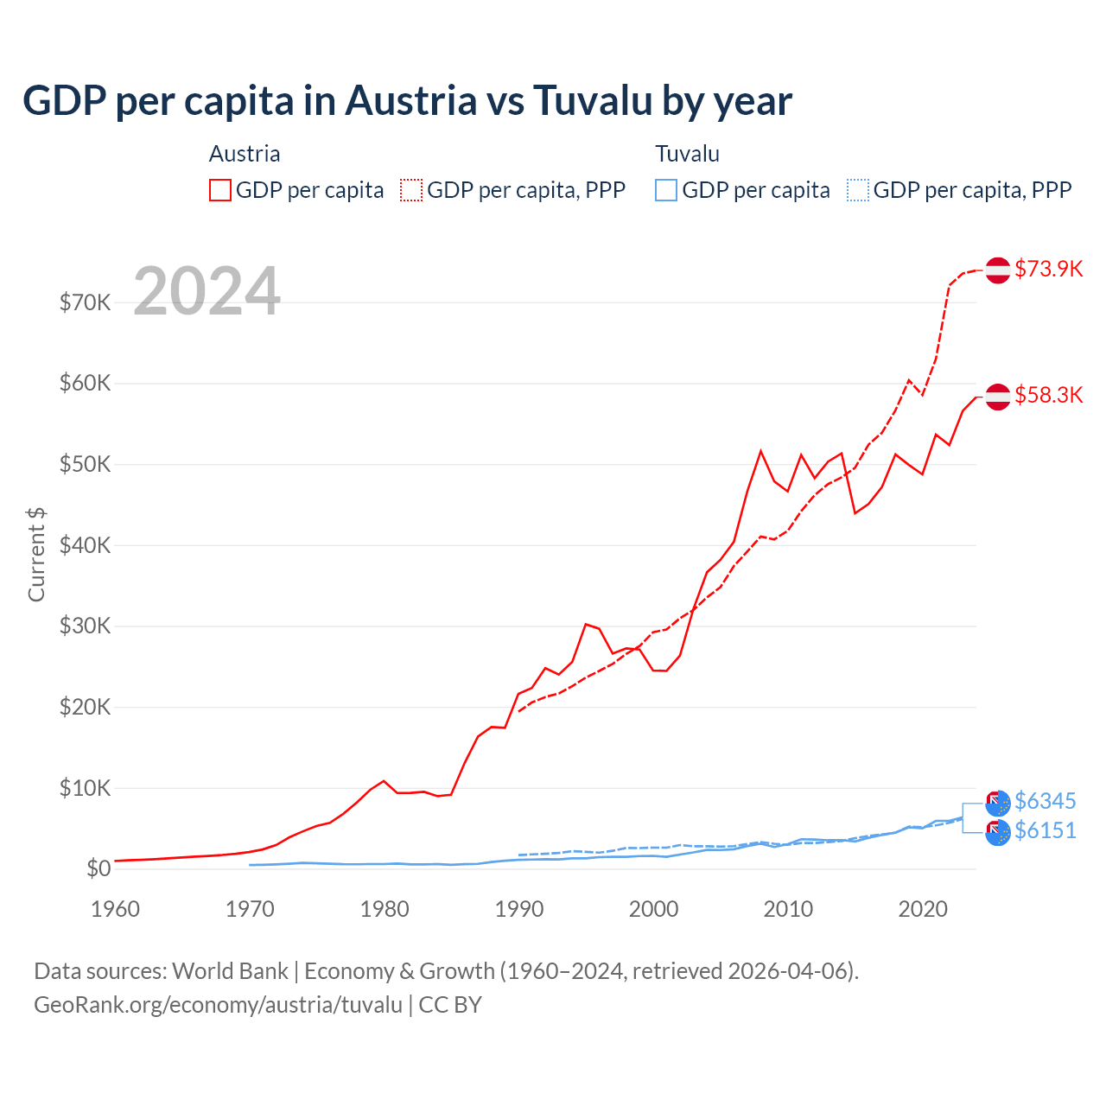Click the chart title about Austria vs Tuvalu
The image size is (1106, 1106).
click(407, 100)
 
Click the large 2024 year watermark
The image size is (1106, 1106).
click(207, 291)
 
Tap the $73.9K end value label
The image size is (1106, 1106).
click(1048, 269)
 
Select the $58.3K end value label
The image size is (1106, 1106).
click(1048, 395)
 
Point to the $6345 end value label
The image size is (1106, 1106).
click(1045, 801)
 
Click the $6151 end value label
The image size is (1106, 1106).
click(1045, 830)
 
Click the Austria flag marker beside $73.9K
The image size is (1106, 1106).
click(998, 270)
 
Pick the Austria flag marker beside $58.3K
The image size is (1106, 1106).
click(998, 396)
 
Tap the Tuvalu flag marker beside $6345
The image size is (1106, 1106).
click(998, 803)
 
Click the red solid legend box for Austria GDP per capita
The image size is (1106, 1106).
click(220, 190)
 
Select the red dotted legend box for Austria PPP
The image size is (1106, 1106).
click(411, 190)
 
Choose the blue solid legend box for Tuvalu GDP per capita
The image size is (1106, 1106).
click(666, 190)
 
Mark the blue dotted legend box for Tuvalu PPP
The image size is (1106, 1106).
click(858, 190)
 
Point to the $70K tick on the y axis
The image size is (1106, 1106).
click(85, 302)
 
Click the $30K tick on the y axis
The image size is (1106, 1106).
click(85, 626)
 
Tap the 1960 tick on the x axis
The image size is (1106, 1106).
click(115, 909)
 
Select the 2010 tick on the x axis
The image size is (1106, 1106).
click(788, 909)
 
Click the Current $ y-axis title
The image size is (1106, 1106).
click(36, 555)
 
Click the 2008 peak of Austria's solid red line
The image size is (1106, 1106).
click(761, 450)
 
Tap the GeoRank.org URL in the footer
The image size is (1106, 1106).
click(219, 1005)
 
